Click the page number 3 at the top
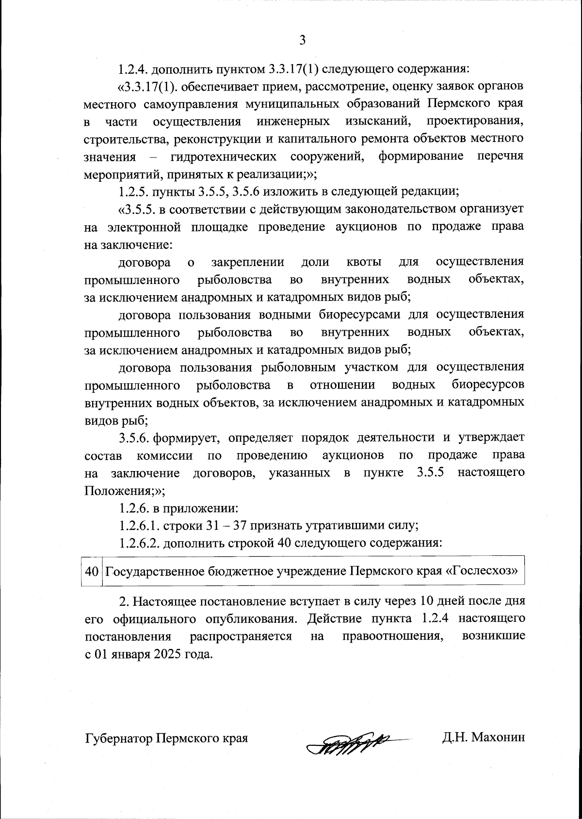coord(302,40)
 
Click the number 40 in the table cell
coord(92,571)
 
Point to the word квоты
coord(364,262)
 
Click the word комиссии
coord(165,456)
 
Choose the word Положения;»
coord(125,490)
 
